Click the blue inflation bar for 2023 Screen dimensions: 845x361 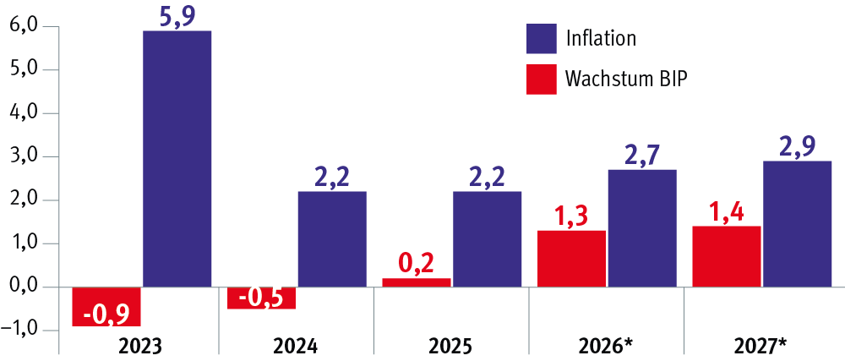pos(177,159)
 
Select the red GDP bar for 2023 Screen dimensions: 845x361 pos(106,307)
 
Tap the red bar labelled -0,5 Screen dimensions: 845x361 pos(262,298)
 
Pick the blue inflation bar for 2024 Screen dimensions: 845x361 pos(332,239)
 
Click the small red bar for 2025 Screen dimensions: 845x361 pos(417,282)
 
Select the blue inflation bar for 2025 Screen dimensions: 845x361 pos(488,239)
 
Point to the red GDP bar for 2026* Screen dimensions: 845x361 pos(572,259)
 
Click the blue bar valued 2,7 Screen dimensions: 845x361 pos(642,228)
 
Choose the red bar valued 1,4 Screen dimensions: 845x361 pos(727,256)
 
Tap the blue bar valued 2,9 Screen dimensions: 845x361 pos(798,224)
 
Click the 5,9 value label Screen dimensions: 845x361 pos(177,16)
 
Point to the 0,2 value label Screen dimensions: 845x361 pos(417,264)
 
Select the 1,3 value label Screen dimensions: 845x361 pos(572,216)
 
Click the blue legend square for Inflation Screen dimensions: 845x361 pos(542,38)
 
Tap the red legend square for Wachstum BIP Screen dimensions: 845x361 pos(542,79)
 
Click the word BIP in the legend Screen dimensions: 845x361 pos(673,79)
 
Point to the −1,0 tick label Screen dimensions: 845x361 pos(23,330)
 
